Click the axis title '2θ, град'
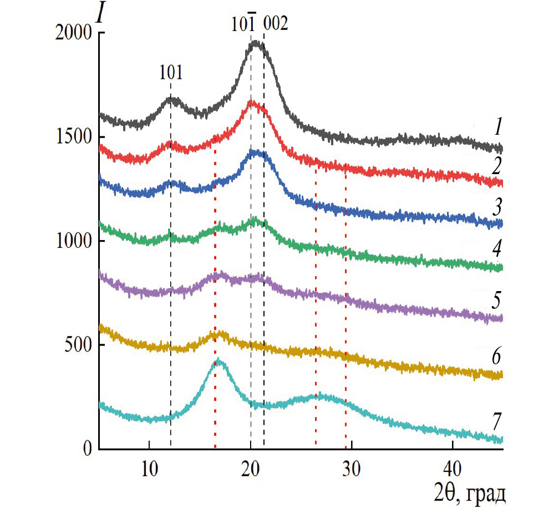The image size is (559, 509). click(x=469, y=491)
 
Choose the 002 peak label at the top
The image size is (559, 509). click(x=276, y=24)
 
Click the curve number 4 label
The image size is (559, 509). click(x=498, y=253)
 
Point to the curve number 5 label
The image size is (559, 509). click(x=498, y=302)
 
